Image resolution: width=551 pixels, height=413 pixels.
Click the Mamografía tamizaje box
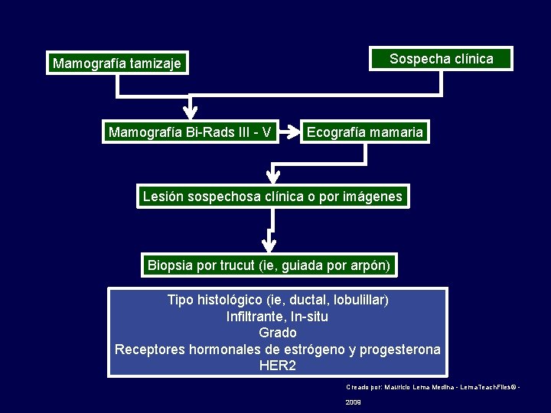117,63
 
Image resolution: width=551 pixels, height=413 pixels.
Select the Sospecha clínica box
441,59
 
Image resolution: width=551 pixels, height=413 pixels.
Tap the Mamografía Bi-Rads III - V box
190,132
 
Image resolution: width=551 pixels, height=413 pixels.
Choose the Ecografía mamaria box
364,132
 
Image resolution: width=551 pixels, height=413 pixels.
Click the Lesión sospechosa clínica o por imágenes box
272,197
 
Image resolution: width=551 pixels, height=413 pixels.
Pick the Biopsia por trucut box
269,265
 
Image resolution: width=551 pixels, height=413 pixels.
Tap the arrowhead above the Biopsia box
269,244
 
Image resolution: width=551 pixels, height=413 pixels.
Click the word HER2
277,366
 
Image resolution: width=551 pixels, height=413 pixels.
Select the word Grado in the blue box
277,333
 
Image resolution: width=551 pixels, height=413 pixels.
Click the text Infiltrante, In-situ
277,316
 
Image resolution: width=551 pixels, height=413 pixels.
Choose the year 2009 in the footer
353,402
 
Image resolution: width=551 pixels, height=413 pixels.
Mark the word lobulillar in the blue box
355,299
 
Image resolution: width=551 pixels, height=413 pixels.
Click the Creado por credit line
432,387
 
